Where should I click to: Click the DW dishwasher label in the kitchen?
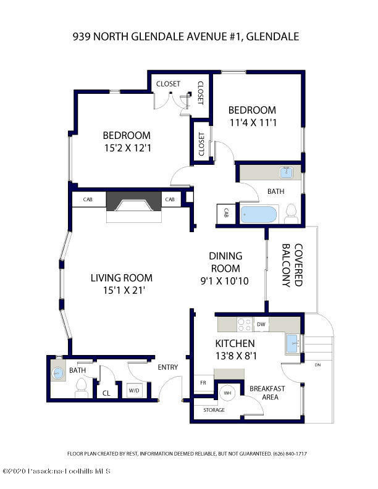261,324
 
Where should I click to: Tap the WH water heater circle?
228,393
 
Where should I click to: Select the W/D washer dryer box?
134,390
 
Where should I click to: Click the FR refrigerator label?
203,383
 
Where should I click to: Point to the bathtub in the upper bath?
259,214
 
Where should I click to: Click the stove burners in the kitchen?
245,324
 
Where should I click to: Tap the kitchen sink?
293,343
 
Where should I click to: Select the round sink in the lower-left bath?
57,373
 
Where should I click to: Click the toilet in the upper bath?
292,214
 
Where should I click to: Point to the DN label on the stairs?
318,364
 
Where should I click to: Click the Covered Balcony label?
292,265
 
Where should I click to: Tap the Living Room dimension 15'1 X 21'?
124,291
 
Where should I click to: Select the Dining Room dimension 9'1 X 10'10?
225,281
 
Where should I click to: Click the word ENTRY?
168,367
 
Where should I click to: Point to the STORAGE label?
214,410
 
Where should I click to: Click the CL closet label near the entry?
106,393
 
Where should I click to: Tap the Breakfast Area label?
267,393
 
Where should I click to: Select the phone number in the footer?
290,453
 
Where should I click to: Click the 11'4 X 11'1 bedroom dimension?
253,123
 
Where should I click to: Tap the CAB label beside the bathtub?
226,213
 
